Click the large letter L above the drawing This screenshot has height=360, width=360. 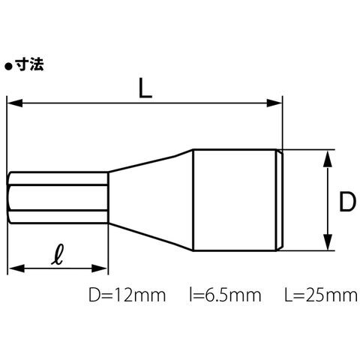[145, 88]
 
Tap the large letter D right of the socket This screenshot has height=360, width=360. [347, 201]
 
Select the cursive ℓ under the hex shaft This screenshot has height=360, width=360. [57, 254]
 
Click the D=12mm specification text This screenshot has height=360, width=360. [127, 295]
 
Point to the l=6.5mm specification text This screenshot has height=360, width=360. [225, 295]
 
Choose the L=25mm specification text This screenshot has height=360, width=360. [321, 295]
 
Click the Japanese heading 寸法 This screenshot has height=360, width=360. [29, 64]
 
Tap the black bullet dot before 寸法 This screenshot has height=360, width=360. [8, 67]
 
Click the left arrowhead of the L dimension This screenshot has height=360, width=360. [15, 103]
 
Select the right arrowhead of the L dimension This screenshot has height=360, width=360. [274, 103]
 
